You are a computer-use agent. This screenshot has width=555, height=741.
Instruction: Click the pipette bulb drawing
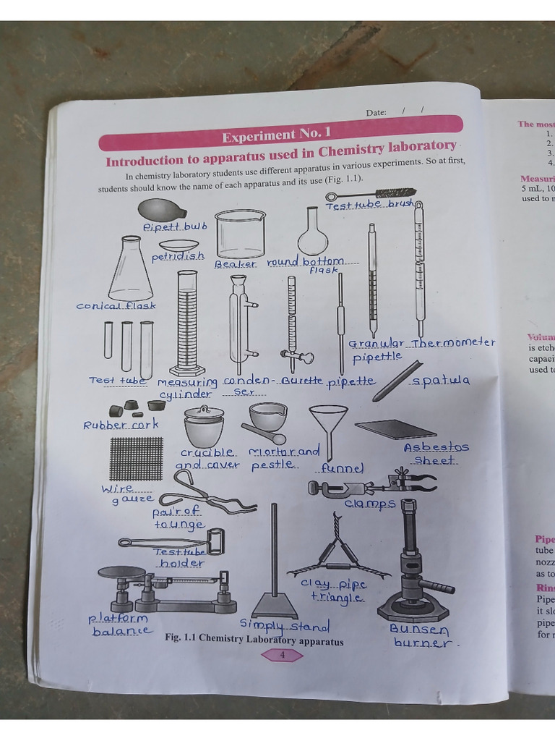pos(160,210)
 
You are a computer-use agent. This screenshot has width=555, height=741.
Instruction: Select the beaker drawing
pos(240,233)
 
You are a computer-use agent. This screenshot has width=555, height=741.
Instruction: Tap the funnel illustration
pos(328,427)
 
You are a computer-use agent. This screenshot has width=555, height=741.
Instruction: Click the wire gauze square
pos(137,459)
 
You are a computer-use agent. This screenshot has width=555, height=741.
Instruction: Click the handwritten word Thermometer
pos(453,343)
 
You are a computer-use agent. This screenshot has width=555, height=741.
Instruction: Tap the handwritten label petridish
pos(178,257)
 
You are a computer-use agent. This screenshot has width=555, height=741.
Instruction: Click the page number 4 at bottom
pos(282,656)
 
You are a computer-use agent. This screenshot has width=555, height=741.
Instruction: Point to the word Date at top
pos(376,112)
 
